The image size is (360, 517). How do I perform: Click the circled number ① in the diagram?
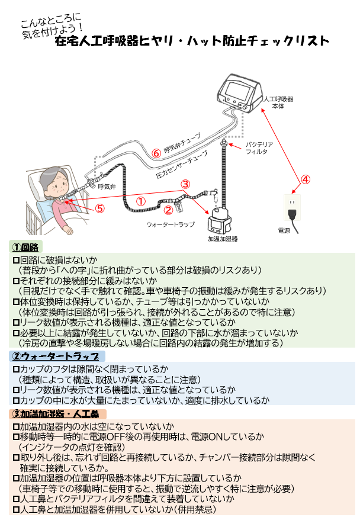140,201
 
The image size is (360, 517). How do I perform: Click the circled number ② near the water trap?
168,209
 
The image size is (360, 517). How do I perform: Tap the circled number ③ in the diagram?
185,184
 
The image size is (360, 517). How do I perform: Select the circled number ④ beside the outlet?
305,179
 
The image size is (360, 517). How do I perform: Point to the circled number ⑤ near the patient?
99,208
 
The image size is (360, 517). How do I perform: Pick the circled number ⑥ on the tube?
156,152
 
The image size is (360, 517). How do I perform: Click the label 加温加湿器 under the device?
222,239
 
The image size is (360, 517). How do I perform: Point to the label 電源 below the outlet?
284,230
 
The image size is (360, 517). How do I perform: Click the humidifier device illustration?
221,220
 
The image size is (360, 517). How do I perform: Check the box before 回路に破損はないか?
16,260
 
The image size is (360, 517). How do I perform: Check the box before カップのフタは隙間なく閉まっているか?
16,369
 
